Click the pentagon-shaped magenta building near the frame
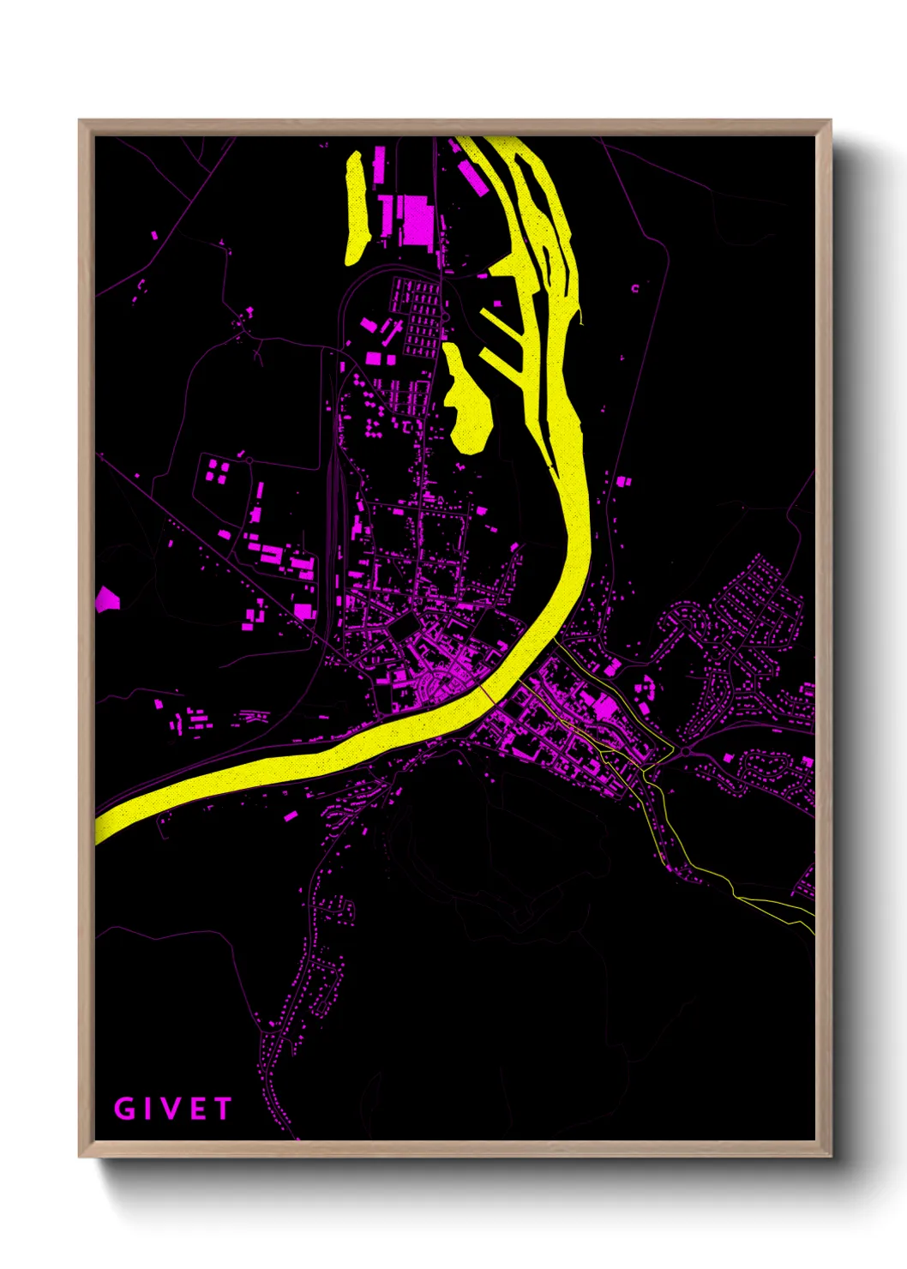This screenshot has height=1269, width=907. pyautogui.click(x=107, y=598)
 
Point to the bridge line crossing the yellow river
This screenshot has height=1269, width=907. pyautogui.click(x=486, y=689)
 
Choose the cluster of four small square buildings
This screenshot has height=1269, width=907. pyautogui.click(x=218, y=471)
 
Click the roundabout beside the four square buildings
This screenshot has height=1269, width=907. pyautogui.click(x=249, y=460)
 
